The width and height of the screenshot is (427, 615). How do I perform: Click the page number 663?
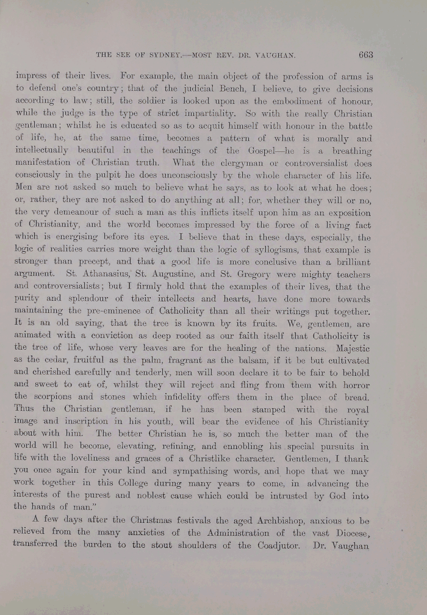365,55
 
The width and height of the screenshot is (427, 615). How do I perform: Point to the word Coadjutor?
275,545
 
